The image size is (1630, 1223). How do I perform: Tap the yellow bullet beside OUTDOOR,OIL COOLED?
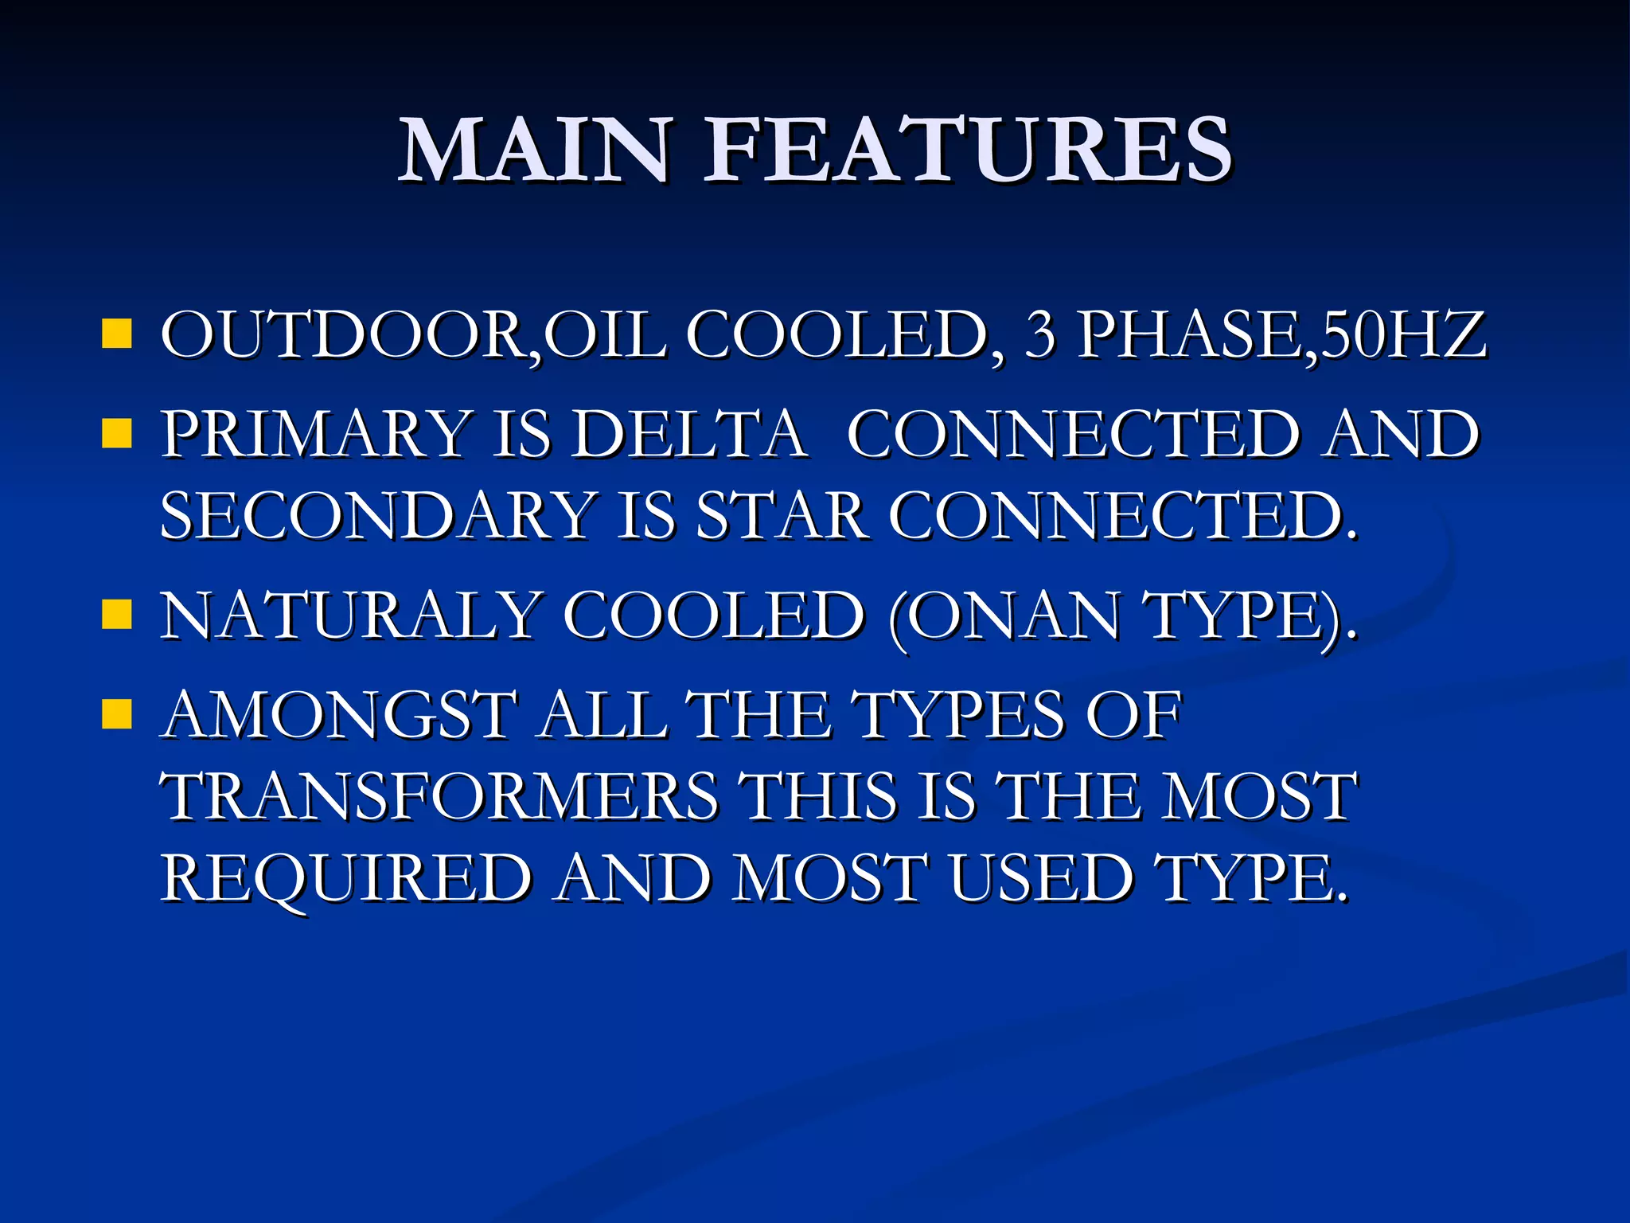click(116, 334)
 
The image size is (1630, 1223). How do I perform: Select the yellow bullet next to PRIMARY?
click(116, 434)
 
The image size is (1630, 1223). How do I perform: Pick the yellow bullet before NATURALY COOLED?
click(116, 615)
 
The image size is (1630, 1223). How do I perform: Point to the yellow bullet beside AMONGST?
click(116, 714)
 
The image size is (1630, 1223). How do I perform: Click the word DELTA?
click(689, 434)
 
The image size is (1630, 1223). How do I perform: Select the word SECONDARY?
click(379, 515)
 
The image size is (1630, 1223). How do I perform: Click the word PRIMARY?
click(315, 434)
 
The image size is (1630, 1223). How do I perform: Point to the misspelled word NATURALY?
click(350, 615)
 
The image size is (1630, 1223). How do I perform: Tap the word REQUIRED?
click(346, 878)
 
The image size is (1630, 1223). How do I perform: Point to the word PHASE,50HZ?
click(1281, 334)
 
